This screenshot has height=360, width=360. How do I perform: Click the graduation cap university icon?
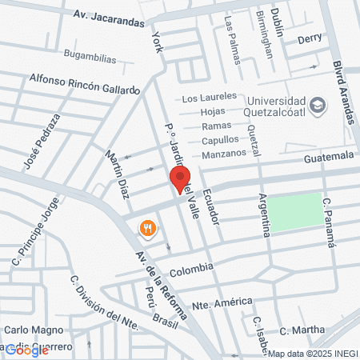pos(318,105)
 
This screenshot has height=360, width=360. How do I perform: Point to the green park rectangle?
pos(294,212)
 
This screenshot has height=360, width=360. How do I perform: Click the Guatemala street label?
pos(328,156)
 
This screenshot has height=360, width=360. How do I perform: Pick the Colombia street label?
pos(191,267)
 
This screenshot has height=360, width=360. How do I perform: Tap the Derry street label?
pos(309,38)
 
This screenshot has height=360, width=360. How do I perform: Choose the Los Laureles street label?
pos(210,98)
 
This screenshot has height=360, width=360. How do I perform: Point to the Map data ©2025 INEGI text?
pos(312,354)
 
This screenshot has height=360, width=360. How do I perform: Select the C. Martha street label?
pos(302,330)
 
